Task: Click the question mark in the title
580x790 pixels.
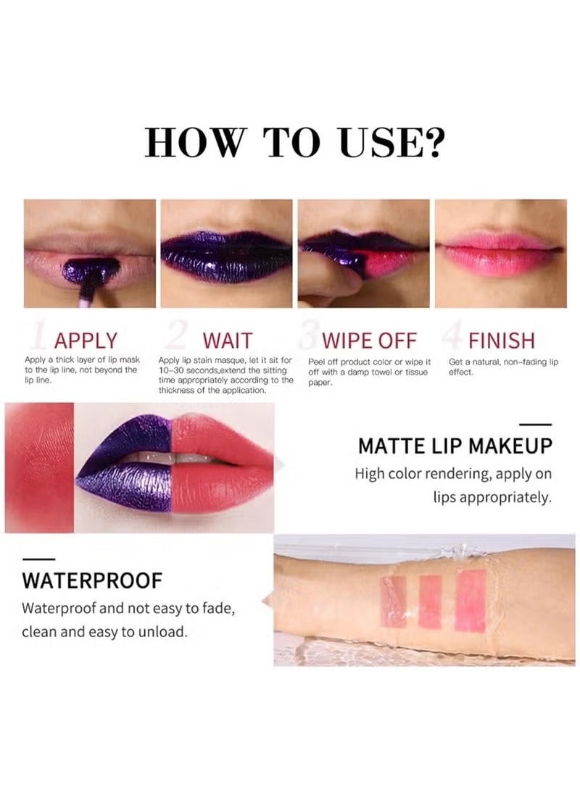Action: pos(432,141)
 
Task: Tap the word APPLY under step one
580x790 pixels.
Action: pos(86,341)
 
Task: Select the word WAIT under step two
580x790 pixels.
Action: pos(228,341)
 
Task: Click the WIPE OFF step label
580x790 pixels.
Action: pos(370,341)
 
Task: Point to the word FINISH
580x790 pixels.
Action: pos(501,341)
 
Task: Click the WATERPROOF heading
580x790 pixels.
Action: pos(92,581)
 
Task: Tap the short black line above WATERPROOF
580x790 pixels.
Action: pos(38,558)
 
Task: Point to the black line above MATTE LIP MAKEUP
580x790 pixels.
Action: pos(536,425)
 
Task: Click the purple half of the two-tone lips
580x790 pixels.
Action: pos(127,464)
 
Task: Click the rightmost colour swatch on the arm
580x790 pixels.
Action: pos(471,600)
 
